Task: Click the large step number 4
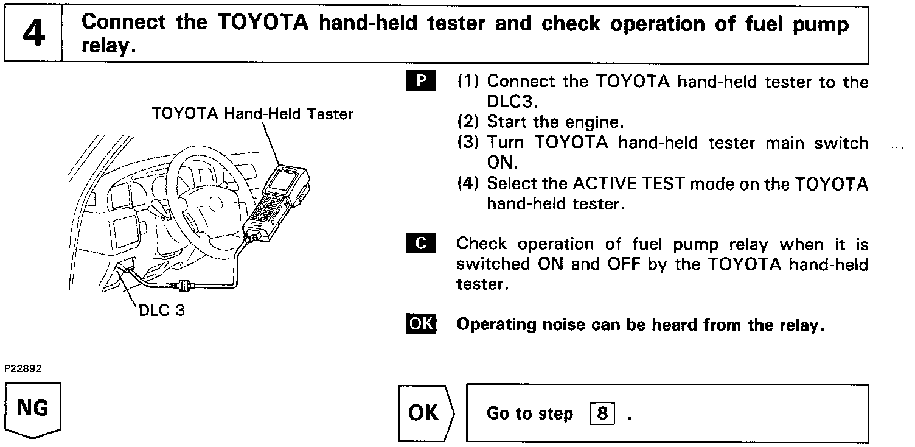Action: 33,33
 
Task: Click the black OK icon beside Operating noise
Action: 421,324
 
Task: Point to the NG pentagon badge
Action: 33,409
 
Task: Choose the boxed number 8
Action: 602,414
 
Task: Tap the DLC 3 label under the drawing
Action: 161,310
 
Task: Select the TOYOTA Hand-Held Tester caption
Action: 252,114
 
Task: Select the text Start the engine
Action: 555,122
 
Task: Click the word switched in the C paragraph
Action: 492,264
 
